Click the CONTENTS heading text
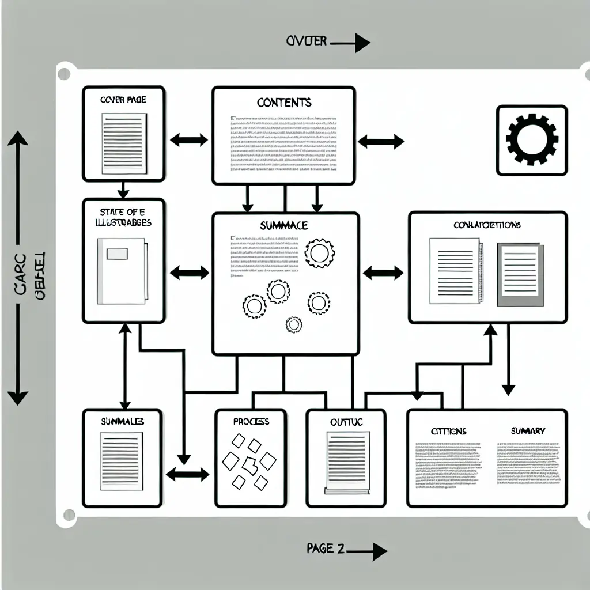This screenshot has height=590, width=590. tap(283, 103)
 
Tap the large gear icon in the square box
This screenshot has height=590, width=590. tap(531, 139)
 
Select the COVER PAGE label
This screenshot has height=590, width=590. tap(123, 100)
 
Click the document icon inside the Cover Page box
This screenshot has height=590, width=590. tap(123, 143)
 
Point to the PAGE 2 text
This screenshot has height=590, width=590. tap(326, 549)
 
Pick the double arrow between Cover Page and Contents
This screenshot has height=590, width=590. tap(189, 139)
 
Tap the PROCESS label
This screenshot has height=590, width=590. tap(251, 422)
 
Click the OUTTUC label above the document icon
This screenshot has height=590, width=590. tap(346, 422)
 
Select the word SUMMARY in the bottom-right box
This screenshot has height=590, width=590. tap(528, 431)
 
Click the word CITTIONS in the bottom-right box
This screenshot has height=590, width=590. tap(448, 432)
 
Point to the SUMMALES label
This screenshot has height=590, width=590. tap(122, 422)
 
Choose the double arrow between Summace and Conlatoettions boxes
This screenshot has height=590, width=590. tap(383, 273)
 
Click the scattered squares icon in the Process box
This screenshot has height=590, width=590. tap(249, 461)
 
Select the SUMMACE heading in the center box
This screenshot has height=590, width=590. tap(283, 225)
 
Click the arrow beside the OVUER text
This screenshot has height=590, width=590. tap(351, 42)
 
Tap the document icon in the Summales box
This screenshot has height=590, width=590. tap(122, 461)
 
